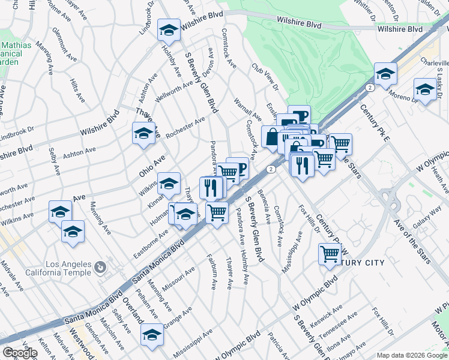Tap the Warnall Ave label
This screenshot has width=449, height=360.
pyautogui.click(x=247, y=108)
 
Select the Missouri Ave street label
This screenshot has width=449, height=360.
pyautogui.click(x=178, y=279)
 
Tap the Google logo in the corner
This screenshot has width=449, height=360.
pyautogui.click(x=20, y=353)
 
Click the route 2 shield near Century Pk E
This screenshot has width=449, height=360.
pyautogui.click(x=370, y=88)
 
